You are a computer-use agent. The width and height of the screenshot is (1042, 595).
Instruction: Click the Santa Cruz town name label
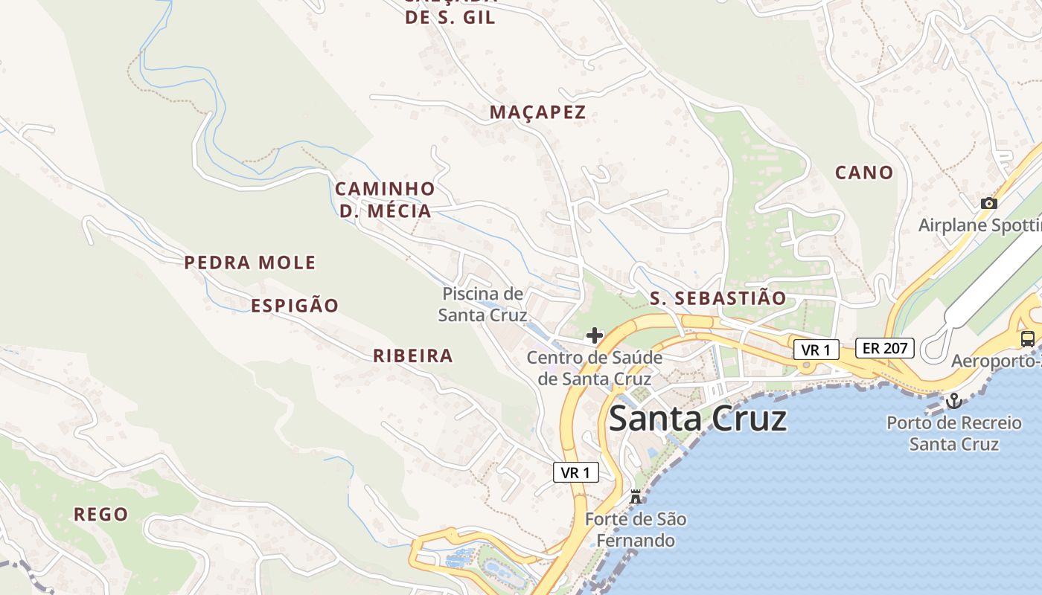coord(697,419)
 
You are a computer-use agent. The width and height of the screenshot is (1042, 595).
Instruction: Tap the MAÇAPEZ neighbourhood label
coord(537,112)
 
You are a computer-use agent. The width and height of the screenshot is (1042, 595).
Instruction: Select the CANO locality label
coord(863,173)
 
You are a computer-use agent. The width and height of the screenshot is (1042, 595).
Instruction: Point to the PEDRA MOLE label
coord(250,263)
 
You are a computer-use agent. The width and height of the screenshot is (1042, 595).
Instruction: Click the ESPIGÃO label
coord(295,306)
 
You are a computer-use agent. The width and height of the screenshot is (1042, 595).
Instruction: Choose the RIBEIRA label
coord(413,356)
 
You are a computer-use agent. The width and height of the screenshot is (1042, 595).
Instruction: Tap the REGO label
coord(101,514)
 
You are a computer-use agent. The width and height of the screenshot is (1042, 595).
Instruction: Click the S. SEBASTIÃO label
coord(717,298)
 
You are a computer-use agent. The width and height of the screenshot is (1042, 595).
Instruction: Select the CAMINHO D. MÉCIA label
coord(385,199)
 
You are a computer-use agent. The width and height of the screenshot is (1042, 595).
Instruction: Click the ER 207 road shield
coord(884,347)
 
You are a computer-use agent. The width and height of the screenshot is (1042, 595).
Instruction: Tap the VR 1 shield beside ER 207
coord(816,350)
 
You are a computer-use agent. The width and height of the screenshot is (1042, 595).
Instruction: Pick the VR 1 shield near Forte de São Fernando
coord(576,472)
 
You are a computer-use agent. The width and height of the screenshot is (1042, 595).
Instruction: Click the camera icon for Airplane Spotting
coord(988,203)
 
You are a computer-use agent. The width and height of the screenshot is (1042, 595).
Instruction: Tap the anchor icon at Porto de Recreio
coord(953,402)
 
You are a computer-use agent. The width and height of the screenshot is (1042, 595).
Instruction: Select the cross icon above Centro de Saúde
coord(594,335)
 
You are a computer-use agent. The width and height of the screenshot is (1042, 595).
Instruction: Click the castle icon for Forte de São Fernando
coord(635,497)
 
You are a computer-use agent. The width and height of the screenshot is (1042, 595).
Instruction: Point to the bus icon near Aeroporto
coord(1027,339)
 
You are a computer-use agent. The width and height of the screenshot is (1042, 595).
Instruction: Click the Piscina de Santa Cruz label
coord(482,304)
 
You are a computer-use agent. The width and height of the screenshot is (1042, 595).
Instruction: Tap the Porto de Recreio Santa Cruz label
coord(953,434)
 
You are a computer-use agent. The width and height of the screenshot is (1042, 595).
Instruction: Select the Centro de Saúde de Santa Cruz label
coord(594,368)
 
